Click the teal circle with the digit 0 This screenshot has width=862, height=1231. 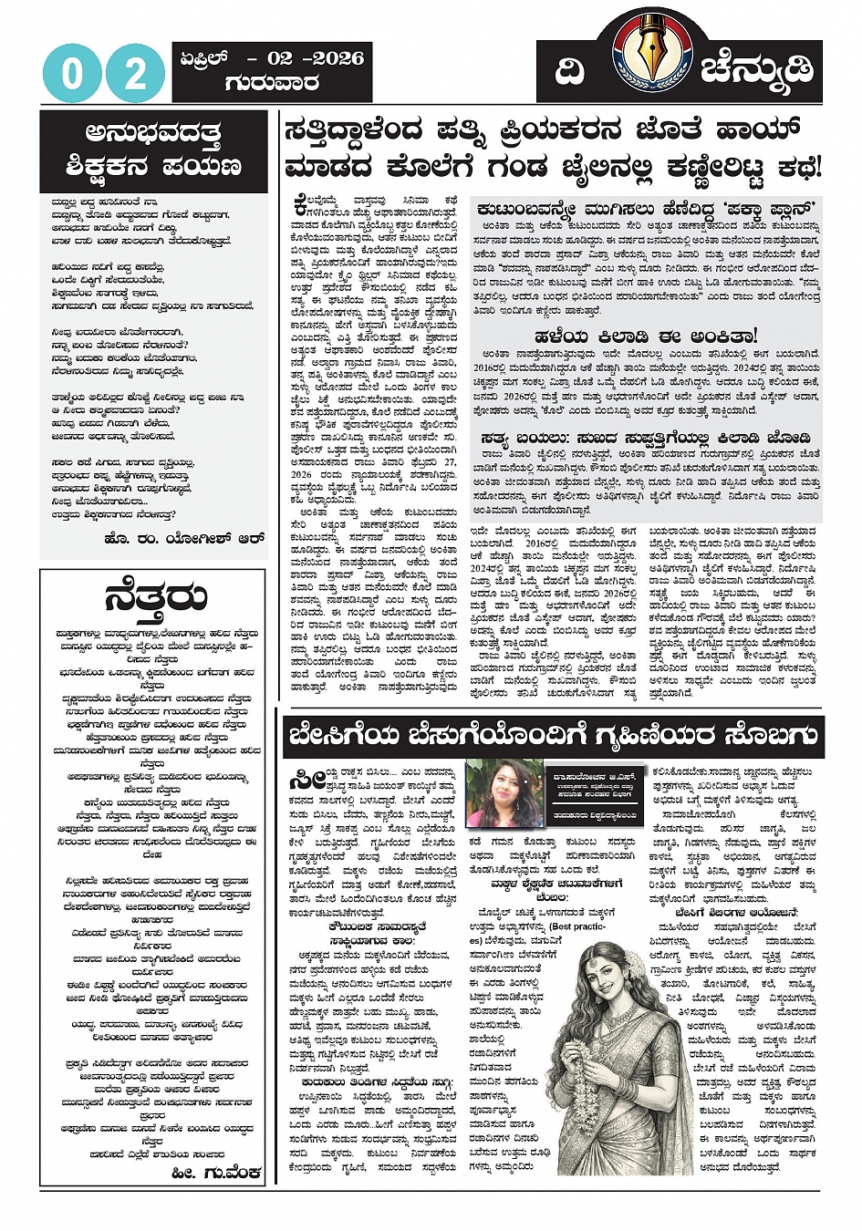pyautogui.click(x=72, y=74)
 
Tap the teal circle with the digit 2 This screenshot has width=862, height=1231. pyautogui.click(x=135, y=74)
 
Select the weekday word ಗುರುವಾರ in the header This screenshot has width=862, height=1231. pyautogui.click(x=272, y=83)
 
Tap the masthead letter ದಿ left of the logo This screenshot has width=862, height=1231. pyautogui.click(x=570, y=71)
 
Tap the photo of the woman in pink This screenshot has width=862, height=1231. pyautogui.click(x=504, y=792)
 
